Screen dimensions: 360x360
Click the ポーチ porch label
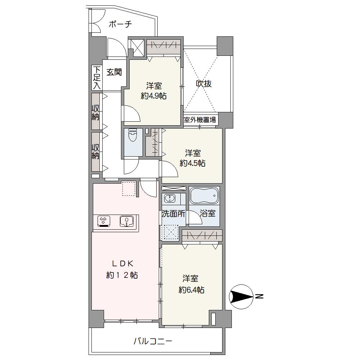[120, 24]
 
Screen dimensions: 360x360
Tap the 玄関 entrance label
[114, 72]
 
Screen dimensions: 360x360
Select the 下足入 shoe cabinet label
[97, 78]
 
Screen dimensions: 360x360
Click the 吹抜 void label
[204, 84]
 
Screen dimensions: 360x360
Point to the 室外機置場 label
[200, 120]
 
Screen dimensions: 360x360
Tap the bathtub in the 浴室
[204, 195]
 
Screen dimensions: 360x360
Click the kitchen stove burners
[104, 221]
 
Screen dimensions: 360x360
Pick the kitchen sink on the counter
[126, 221]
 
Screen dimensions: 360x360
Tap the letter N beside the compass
[260, 296]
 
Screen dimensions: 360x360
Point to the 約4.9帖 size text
[154, 96]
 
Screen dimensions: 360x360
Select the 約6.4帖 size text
[192, 290]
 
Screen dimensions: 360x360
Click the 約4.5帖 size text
[192, 163]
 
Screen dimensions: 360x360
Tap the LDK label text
[122, 264]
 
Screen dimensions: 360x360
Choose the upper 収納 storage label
[95, 112]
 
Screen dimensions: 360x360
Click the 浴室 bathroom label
[208, 213]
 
